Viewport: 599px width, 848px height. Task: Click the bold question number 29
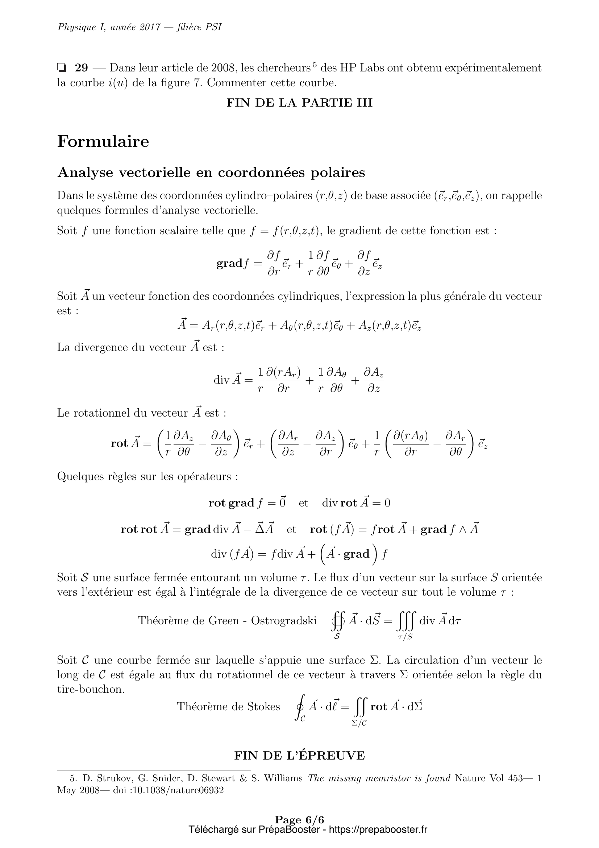click(x=81, y=68)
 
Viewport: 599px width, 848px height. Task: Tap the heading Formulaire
click(x=103, y=141)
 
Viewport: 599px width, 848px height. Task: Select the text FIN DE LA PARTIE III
click(x=299, y=103)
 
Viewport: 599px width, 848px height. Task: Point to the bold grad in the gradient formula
click(x=229, y=263)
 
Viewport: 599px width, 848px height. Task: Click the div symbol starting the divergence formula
click(x=221, y=380)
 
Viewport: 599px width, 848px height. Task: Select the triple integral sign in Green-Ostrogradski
click(x=406, y=620)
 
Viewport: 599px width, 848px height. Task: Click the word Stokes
click(x=263, y=706)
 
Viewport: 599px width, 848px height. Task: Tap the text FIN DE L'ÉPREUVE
click(x=299, y=756)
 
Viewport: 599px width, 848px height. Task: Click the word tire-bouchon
click(x=91, y=689)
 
